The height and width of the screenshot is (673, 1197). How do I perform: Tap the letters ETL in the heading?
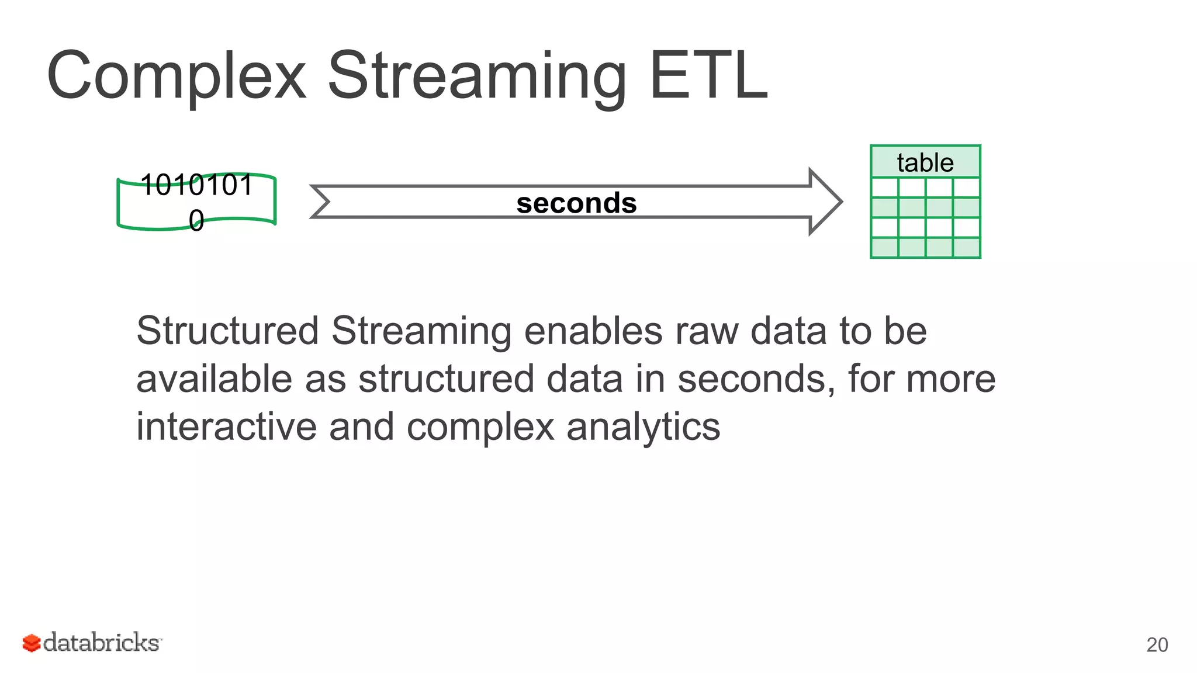pos(708,76)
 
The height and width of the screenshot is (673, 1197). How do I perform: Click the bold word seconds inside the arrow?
pos(576,203)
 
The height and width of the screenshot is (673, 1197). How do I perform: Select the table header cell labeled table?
pos(925,162)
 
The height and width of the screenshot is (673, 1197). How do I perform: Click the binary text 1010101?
pos(196,185)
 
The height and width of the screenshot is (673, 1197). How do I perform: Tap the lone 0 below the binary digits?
pos(196,221)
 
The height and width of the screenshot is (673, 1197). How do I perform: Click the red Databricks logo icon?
pos(31,643)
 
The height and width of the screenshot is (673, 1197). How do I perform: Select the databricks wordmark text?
pos(102,643)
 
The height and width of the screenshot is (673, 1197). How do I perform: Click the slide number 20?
pos(1157,645)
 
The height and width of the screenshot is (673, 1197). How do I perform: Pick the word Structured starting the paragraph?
pos(227,331)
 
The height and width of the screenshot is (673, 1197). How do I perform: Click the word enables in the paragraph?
pos(593,331)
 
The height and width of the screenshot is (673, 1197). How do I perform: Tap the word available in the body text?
pos(214,379)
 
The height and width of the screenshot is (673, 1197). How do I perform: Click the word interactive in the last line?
pos(226,427)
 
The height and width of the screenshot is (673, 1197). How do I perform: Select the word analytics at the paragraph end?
pos(643,427)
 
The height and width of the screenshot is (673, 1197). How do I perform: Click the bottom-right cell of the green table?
pos(966,248)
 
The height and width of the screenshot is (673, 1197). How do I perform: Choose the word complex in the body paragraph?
pos(480,427)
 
